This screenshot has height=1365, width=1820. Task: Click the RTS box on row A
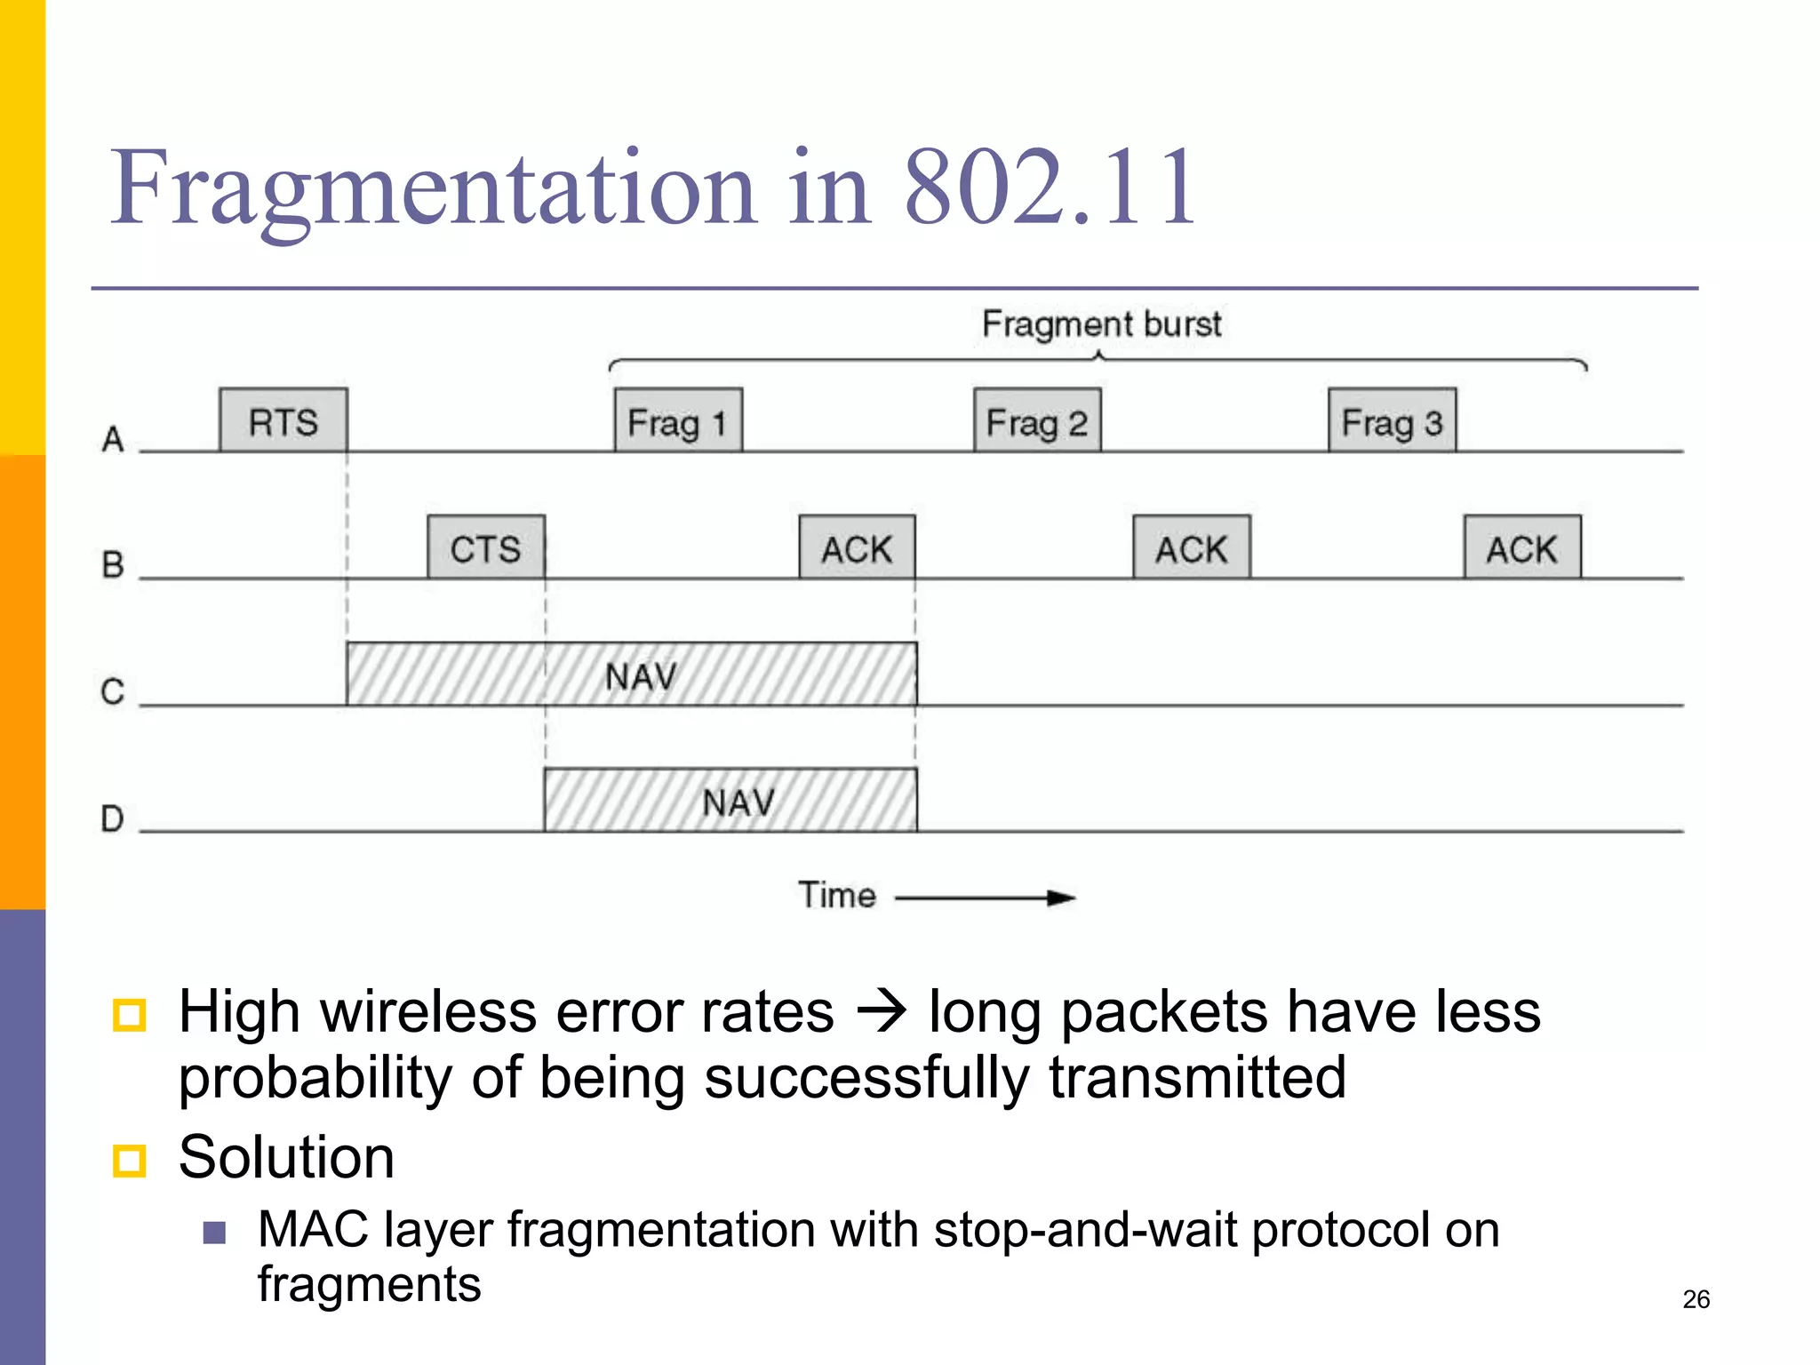point(283,420)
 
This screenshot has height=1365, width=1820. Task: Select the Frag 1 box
point(678,420)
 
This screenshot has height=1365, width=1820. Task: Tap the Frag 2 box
point(1037,420)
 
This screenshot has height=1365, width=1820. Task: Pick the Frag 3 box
point(1392,420)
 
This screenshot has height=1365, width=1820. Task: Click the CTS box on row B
point(486,547)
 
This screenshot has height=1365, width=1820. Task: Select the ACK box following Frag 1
point(857,547)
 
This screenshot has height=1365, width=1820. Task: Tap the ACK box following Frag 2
point(1192,547)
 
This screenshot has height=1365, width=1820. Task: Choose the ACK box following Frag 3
point(1522,547)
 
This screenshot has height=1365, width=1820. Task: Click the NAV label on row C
point(641,677)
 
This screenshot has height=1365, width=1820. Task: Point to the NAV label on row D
point(738,802)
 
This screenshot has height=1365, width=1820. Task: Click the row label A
point(113,439)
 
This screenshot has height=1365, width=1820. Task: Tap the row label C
point(113,691)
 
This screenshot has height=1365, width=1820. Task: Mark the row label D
point(113,818)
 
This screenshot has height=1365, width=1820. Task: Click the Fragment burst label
point(1102,324)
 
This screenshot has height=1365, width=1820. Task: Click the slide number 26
point(1696,1299)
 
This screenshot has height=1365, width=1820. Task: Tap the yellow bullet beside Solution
point(130,1160)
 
